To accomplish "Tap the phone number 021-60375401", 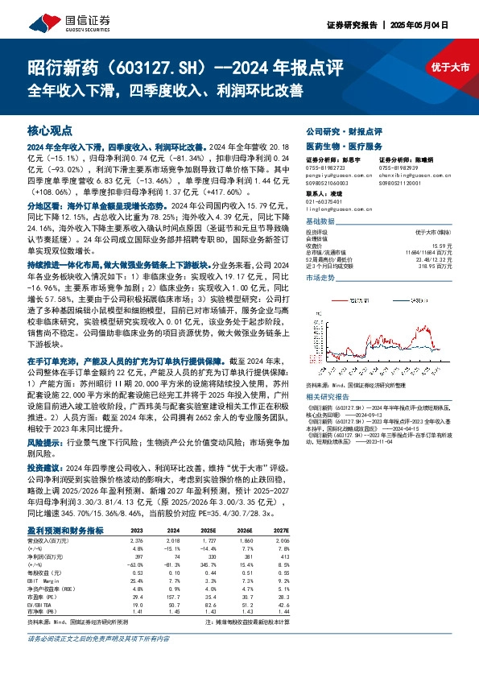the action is pos(324,201).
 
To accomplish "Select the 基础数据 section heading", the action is pos(320,220).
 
